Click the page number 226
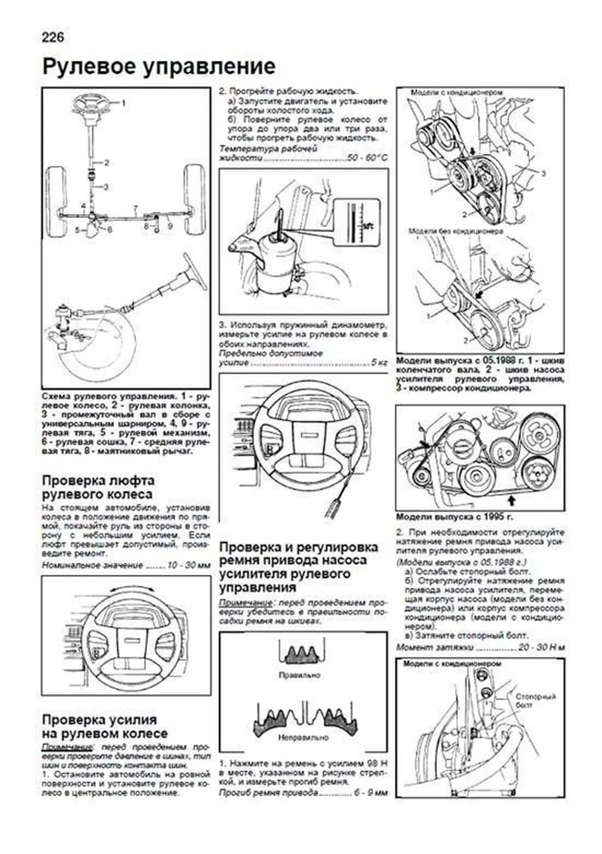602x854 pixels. (53, 38)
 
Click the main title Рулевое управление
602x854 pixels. (159, 67)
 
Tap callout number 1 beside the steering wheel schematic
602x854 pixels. (123, 103)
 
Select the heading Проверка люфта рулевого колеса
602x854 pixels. (98, 487)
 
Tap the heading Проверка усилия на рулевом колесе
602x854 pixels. (104, 727)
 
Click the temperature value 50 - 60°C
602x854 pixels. (368, 158)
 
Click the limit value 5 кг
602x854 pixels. (379, 363)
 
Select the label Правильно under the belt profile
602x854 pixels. (299, 675)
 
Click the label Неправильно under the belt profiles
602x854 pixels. (303, 738)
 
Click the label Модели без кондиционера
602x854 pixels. (455, 231)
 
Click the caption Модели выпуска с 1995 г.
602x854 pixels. (455, 517)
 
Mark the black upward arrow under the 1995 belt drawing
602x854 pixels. (512, 499)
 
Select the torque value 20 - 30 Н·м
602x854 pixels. (541, 647)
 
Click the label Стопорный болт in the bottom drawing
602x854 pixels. (535, 701)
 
